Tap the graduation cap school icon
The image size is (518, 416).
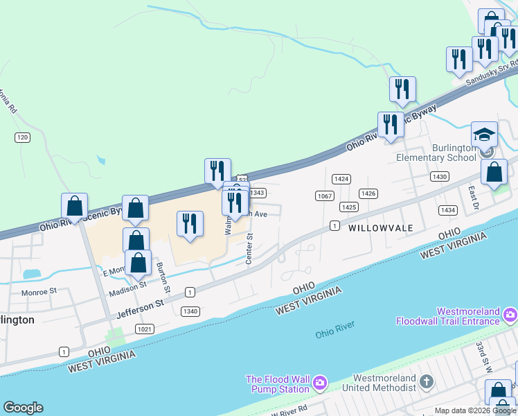pos(485,134)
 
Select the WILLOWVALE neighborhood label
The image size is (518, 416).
pos(380,227)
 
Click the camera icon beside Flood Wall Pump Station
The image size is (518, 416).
pos(319,382)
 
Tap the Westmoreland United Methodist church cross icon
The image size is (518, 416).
pos(427,381)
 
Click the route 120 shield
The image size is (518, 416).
pos(23,137)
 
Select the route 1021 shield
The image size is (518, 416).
pos(145,329)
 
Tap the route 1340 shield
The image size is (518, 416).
pos(190,311)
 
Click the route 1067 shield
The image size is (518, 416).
pos(324,196)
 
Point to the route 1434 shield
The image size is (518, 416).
pos(448,209)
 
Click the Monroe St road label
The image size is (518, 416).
pos(38,293)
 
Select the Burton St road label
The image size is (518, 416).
pos(163,275)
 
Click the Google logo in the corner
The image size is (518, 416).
pos(23,408)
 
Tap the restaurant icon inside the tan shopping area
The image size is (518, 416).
pos(190,224)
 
